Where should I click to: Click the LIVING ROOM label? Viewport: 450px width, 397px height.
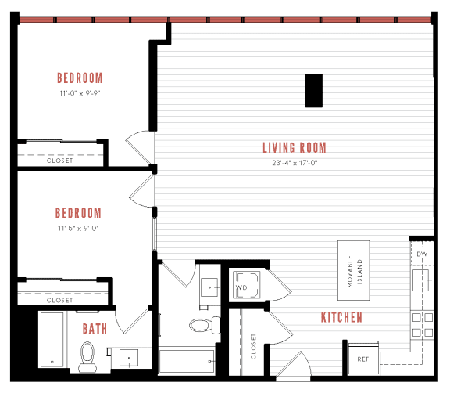pyautogui.click(x=294, y=147)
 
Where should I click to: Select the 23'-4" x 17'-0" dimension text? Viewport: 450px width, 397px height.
pyautogui.click(x=294, y=163)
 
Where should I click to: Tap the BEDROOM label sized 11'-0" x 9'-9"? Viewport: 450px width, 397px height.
pyautogui.click(x=80, y=78)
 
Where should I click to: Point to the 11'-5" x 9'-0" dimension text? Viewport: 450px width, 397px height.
pyautogui.click(x=79, y=229)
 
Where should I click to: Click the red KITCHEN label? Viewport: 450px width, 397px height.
pyautogui.click(x=341, y=317)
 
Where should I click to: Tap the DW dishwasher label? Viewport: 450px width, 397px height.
pyautogui.click(x=422, y=254)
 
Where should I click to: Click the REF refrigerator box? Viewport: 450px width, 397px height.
pyautogui.click(x=362, y=358)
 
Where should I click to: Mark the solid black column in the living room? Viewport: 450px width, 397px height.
pyautogui.click(x=314, y=91)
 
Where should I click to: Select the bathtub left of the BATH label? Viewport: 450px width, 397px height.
pyautogui.click(x=52, y=341)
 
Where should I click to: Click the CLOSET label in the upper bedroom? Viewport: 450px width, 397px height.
pyautogui.click(x=59, y=161)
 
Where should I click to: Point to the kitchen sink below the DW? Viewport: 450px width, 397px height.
pyautogui.click(x=423, y=278)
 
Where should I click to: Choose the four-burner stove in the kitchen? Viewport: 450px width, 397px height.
pyautogui.click(x=422, y=325)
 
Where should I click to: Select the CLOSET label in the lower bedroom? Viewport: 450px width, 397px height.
pyautogui.click(x=59, y=300)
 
